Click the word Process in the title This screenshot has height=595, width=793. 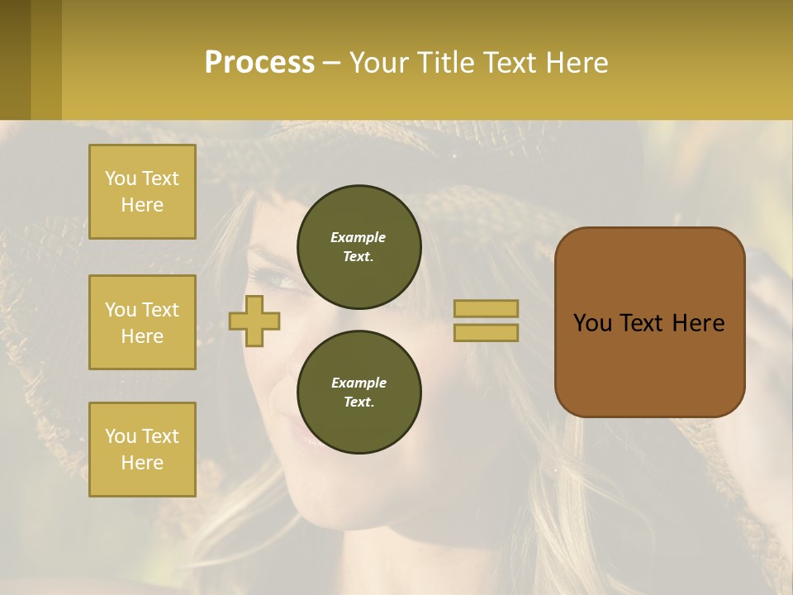click(x=259, y=63)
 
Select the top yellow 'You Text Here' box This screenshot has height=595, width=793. click(x=142, y=192)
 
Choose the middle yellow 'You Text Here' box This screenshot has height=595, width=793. click(x=142, y=322)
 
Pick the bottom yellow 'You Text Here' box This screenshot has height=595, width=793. click(x=142, y=449)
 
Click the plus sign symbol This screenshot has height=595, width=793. click(x=254, y=321)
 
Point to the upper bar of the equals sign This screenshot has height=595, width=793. click(x=486, y=308)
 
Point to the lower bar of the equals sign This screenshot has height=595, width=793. click(x=486, y=332)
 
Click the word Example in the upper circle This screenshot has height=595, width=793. click(x=358, y=237)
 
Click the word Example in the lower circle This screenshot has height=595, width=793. click(x=359, y=383)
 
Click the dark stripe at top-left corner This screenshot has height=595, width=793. click(x=15, y=59)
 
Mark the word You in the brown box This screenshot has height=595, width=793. click(x=592, y=323)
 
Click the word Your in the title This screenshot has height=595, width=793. click(x=381, y=63)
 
